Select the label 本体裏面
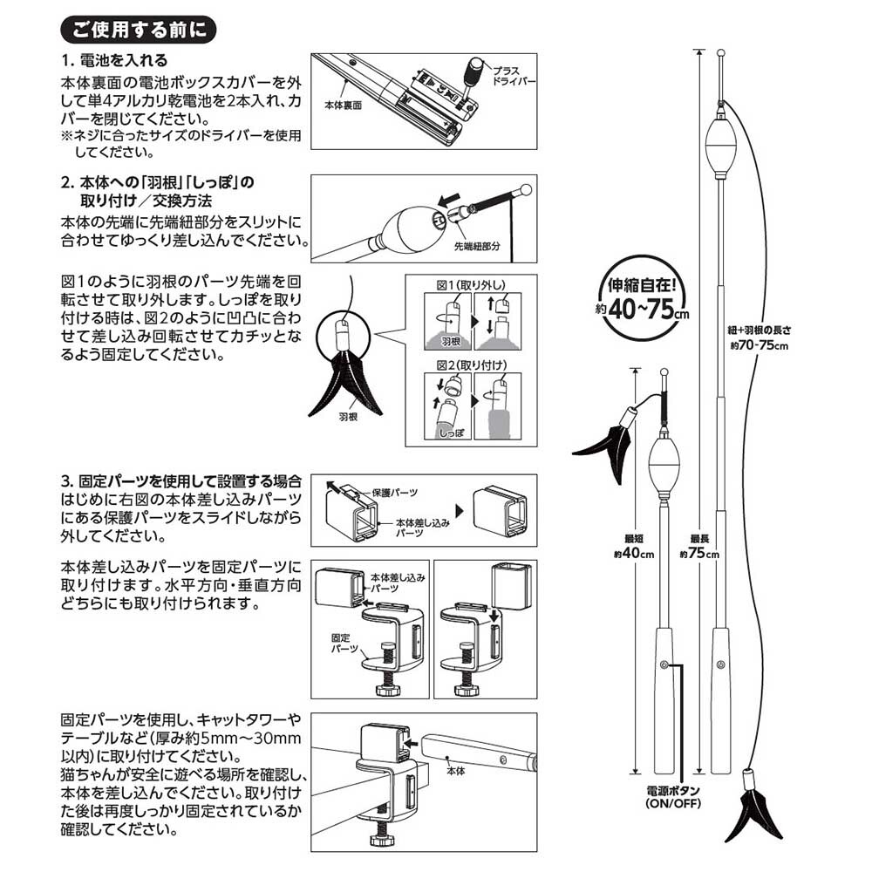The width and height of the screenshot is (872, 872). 343,105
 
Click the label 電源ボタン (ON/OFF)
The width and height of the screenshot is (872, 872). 678,797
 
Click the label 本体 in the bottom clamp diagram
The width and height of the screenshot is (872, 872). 455,772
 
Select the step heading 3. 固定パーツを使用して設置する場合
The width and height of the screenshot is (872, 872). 181,480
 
